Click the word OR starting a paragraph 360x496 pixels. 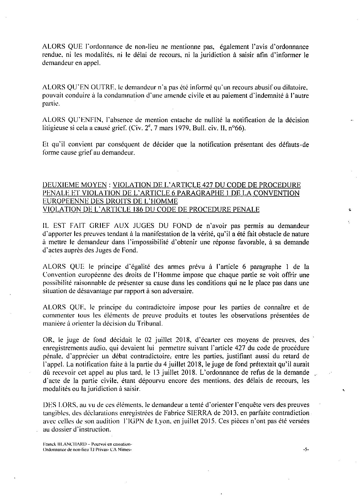tap(46, 340)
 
